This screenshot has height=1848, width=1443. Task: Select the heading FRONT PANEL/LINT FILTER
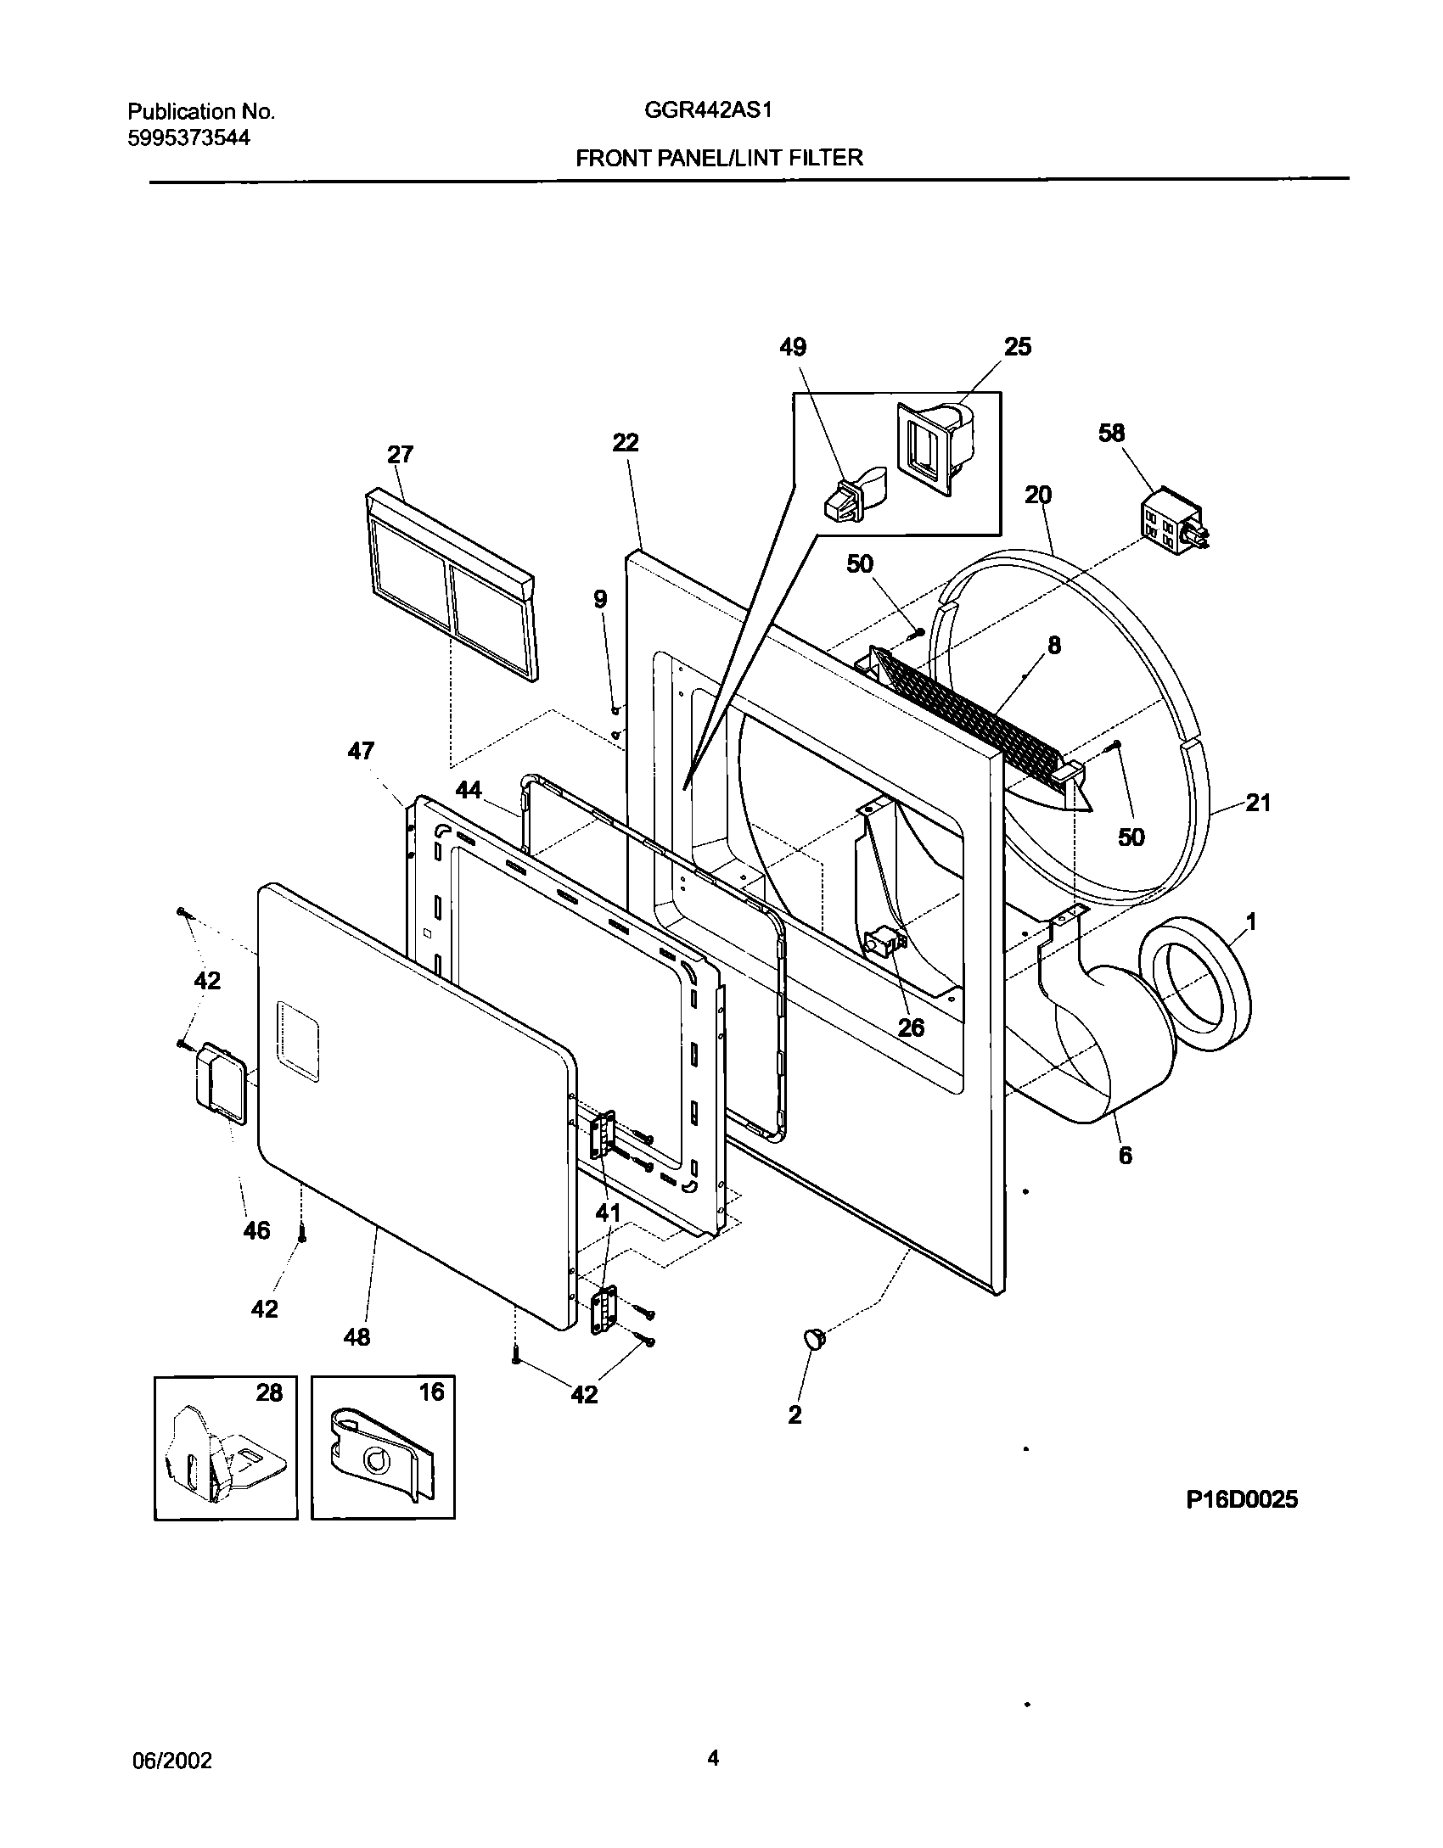click(719, 158)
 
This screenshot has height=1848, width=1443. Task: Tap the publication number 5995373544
click(188, 138)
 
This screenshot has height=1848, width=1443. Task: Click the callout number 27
click(400, 455)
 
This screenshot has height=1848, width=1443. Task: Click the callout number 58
click(1111, 433)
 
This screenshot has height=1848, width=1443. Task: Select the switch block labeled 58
click(1171, 519)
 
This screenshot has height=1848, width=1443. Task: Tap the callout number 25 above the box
click(1018, 346)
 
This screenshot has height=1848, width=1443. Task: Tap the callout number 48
click(357, 1337)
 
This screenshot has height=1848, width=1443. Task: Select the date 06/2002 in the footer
click(172, 1761)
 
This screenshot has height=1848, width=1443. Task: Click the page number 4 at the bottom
click(713, 1758)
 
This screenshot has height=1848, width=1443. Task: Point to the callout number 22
click(626, 442)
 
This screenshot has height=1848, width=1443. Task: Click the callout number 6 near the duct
click(1125, 1156)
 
